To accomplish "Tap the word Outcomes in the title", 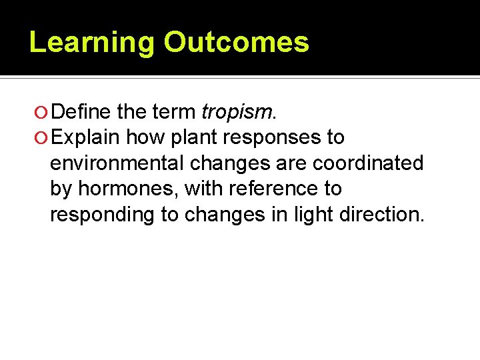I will click(x=237, y=42).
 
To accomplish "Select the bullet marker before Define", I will click(x=42, y=112).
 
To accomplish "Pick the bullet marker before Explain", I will click(x=42, y=138).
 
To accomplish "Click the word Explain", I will click(x=85, y=137).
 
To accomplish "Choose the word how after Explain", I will click(x=145, y=137).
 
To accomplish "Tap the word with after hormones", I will click(x=204, y=189).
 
